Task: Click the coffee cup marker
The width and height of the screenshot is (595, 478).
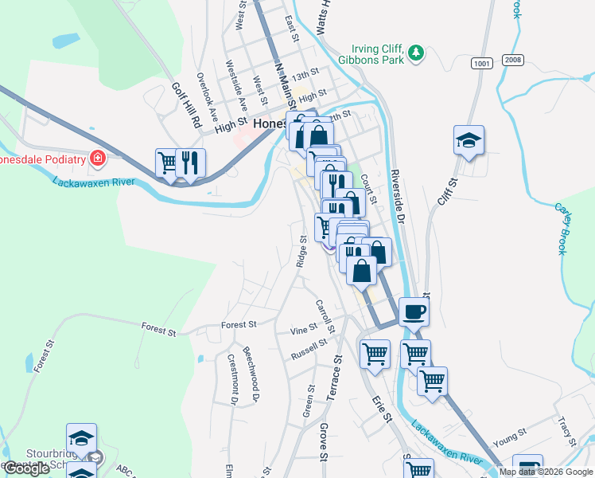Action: click(414, 311)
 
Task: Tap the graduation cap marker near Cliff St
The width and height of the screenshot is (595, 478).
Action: click(469, 140)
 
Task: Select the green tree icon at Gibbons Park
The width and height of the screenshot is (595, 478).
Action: click(415, 53)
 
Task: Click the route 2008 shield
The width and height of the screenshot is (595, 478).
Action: click(513, 61)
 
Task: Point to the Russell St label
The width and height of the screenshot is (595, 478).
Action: click(309, 348)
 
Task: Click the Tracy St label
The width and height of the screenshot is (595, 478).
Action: click(566, 431)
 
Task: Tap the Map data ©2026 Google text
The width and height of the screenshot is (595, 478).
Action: click(546, 472)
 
